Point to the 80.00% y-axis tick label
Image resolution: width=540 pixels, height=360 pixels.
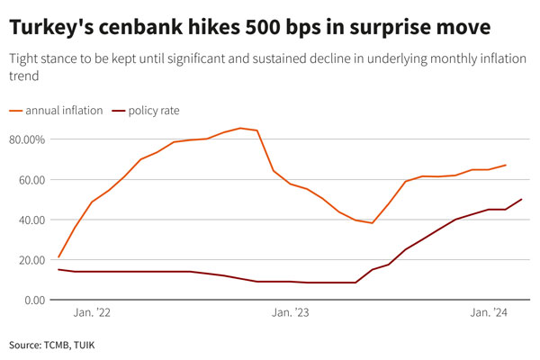click(x=26, y=139)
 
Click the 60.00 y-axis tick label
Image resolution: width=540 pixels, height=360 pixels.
click(x=30, y=179)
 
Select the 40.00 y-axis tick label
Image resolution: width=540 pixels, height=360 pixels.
click(x=30, y=220)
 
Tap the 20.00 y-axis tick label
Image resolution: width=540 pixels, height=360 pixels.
click(x=30, y=260)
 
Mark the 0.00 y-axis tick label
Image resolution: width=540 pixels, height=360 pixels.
click(x=32, y=300)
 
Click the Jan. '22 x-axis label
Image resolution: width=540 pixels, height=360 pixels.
click(x=93, y=313)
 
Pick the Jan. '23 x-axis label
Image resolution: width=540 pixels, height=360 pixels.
click(x=290, y=313)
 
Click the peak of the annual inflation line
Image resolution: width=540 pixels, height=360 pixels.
click(x=240, y=128)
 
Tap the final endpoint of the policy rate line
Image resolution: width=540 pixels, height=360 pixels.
click(x=522, y=200)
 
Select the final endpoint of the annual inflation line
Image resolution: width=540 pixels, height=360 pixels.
click(x=506, y=165)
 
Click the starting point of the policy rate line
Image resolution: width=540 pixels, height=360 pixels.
click(x=58, y=269)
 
